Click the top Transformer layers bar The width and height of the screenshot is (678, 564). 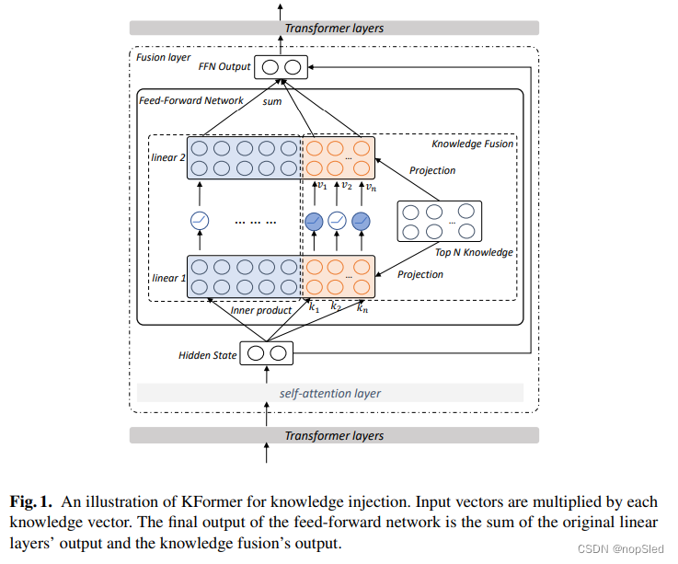pos(333,28)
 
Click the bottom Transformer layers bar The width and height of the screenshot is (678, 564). pos(333,435)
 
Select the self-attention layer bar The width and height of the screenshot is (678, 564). pos(329,394)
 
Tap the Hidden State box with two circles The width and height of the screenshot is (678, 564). pos(267,353)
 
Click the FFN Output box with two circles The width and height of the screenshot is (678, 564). pos(281,67)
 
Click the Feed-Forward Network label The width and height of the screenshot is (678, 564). pos(191,100)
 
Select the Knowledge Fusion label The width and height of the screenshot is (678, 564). pos(472,144)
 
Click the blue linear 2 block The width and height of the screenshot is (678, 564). pos(245,158)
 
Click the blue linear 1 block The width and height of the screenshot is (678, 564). pos(245,276)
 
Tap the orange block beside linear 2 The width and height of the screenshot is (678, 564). pos(339,158)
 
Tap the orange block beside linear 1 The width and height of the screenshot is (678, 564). pos(339,276)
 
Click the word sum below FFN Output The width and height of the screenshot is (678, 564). pos(272,102)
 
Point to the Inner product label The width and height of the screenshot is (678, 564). pos(260,310)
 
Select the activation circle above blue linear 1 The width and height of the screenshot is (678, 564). pos(200,221)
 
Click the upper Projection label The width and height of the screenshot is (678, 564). pos(431,170)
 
